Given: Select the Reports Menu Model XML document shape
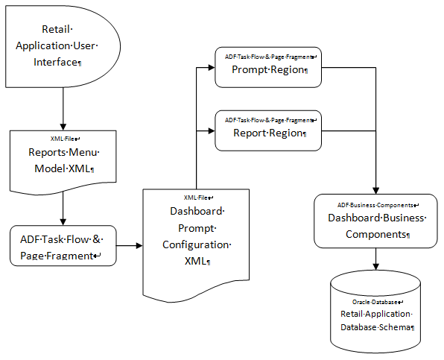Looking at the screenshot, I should (63, 160).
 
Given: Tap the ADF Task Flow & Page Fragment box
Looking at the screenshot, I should (63, 247).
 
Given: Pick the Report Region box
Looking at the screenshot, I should (267, 131).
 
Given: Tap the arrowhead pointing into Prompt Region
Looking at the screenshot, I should (209, 69).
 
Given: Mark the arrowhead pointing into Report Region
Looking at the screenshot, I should (209, 131).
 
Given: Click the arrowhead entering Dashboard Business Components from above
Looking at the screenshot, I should (375, 189).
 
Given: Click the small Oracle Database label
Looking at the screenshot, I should (377, 302).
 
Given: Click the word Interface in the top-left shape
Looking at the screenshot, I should (57, 62).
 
